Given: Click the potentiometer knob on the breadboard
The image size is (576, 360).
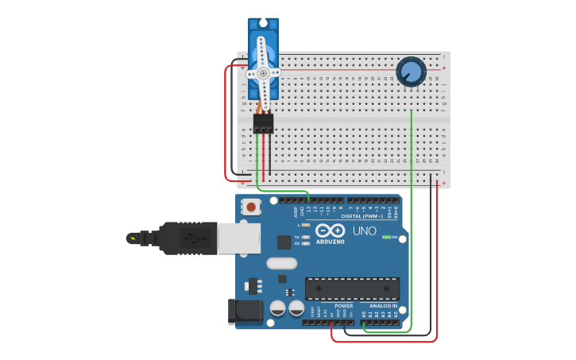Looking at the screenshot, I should point(410,72).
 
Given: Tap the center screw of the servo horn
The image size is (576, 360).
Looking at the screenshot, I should point(263,72).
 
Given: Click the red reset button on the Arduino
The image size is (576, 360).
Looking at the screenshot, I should point(251,207).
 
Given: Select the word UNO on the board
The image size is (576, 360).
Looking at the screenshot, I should point(364,231).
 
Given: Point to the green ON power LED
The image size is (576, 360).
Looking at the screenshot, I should point(385,237).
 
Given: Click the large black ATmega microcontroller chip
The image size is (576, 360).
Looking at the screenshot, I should point(353,288).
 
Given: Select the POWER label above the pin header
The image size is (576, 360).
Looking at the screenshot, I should point(344,306).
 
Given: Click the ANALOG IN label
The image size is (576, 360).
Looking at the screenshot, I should point(383,306).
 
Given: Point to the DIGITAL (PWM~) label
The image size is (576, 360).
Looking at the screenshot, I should point(361,215).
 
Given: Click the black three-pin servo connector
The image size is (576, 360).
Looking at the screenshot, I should point(263,123).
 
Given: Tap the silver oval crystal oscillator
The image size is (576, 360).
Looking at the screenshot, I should point(281,263).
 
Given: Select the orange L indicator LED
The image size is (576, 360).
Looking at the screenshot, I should point(306,226).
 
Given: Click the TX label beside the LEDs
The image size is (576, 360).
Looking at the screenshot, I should point(297,237).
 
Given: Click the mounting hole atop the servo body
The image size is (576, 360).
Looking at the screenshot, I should point(263,27).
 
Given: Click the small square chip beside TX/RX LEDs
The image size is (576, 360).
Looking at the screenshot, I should point(284,242).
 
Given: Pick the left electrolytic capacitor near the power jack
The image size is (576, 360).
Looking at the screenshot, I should point(278,308).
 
